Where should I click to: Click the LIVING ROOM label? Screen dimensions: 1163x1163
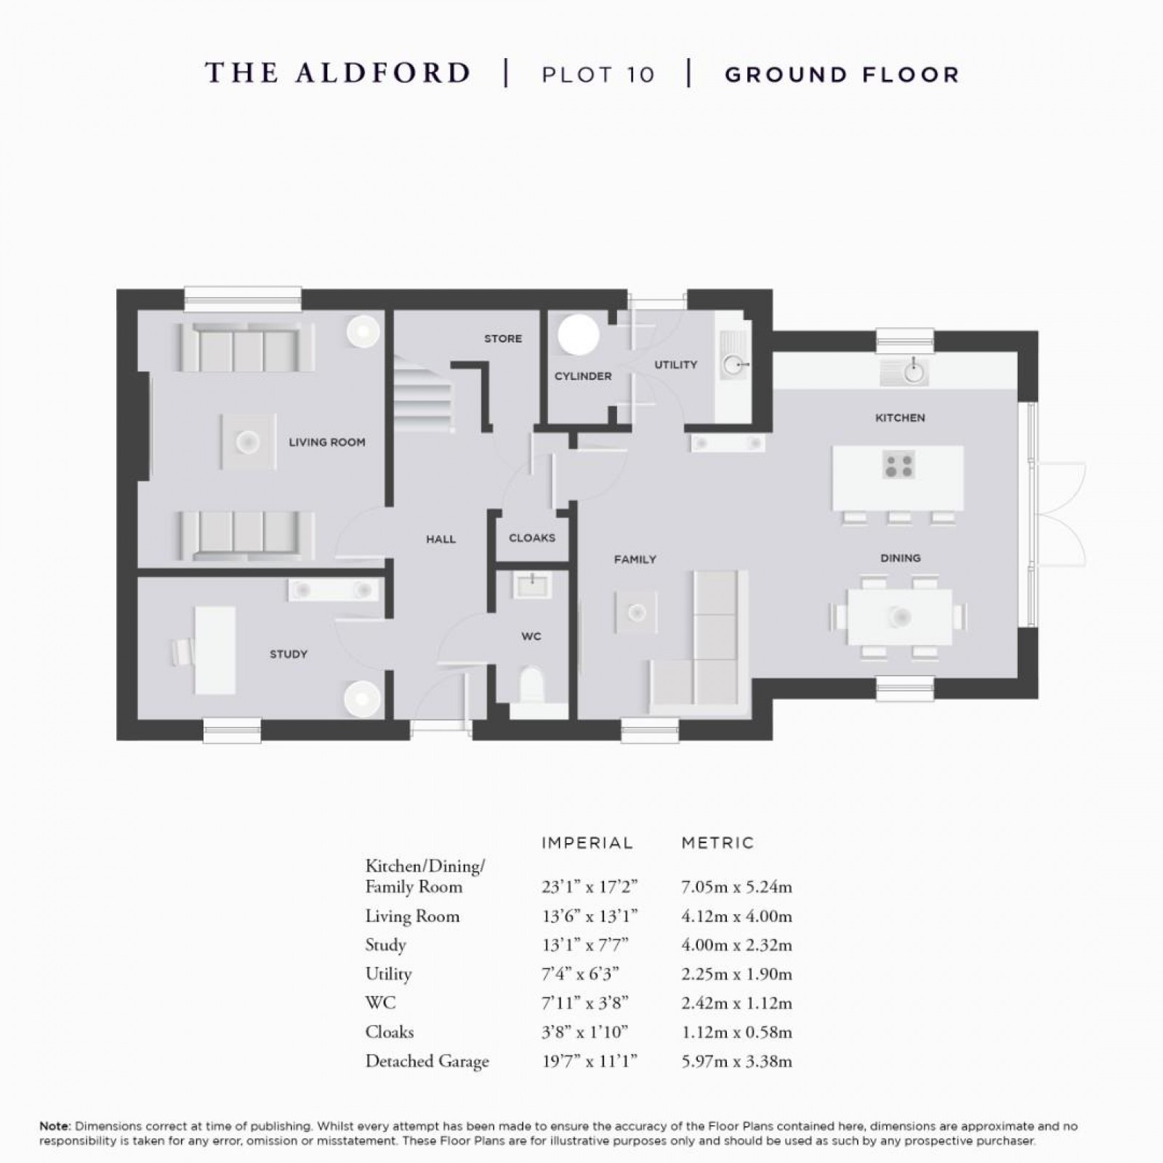click(x=326, y=442)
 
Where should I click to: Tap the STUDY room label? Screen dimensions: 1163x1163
click(x=288, y=654)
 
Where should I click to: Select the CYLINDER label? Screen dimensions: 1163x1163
click(x=583, y=376)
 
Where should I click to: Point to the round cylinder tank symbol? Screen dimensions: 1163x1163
click(x=579, y=335)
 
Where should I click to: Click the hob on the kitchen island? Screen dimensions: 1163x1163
click(x=898, y=465)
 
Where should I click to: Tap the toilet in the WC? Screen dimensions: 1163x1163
click(x=532, y=684)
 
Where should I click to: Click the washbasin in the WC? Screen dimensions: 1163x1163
click(x=532, y=584)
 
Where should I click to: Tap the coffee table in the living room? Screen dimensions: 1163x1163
click(x=249, y=441)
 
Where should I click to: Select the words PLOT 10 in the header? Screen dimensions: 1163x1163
click(x=597, y=75)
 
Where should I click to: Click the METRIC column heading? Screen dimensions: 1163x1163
click(x=717, y=843)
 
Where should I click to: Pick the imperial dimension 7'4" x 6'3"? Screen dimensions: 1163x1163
click(x=584, y=974)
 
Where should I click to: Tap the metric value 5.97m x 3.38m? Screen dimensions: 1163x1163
click(x=736, y=1061)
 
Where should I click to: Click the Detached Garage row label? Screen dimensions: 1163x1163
click(x=427, y=1061)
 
